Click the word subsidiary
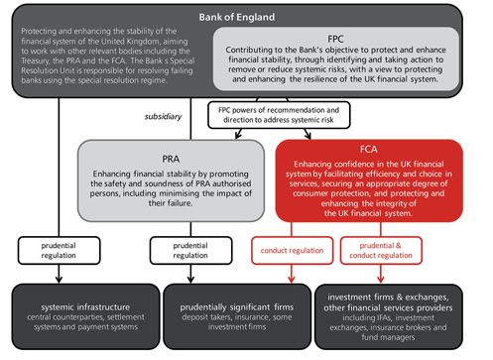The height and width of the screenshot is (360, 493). pyautogui.click(x=163, y=117)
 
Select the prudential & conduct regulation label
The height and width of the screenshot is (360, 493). pyautogui.click(x=411, y=250)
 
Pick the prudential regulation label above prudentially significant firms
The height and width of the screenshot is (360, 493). pyautogui.click(x=192, y=250)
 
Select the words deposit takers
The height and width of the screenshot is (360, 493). pyautogui.click(x=201, y=314)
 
